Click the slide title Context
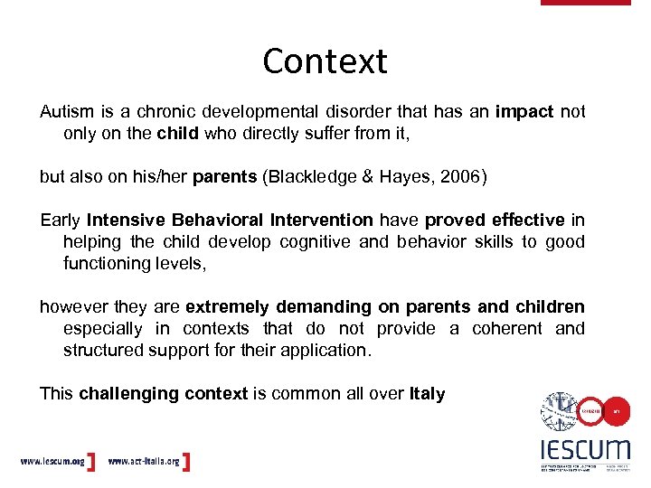pyautogui.click(x=325, y=61)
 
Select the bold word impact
pyautogui.click(x=524, y=112)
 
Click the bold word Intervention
pyautogui.click(x=321, y=221)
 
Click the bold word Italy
pyautogui.click(x=427, y=394)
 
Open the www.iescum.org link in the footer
pyautogui.click(x=52, y=462)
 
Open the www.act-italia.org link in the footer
pyautogui.click(x=144, y=462)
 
